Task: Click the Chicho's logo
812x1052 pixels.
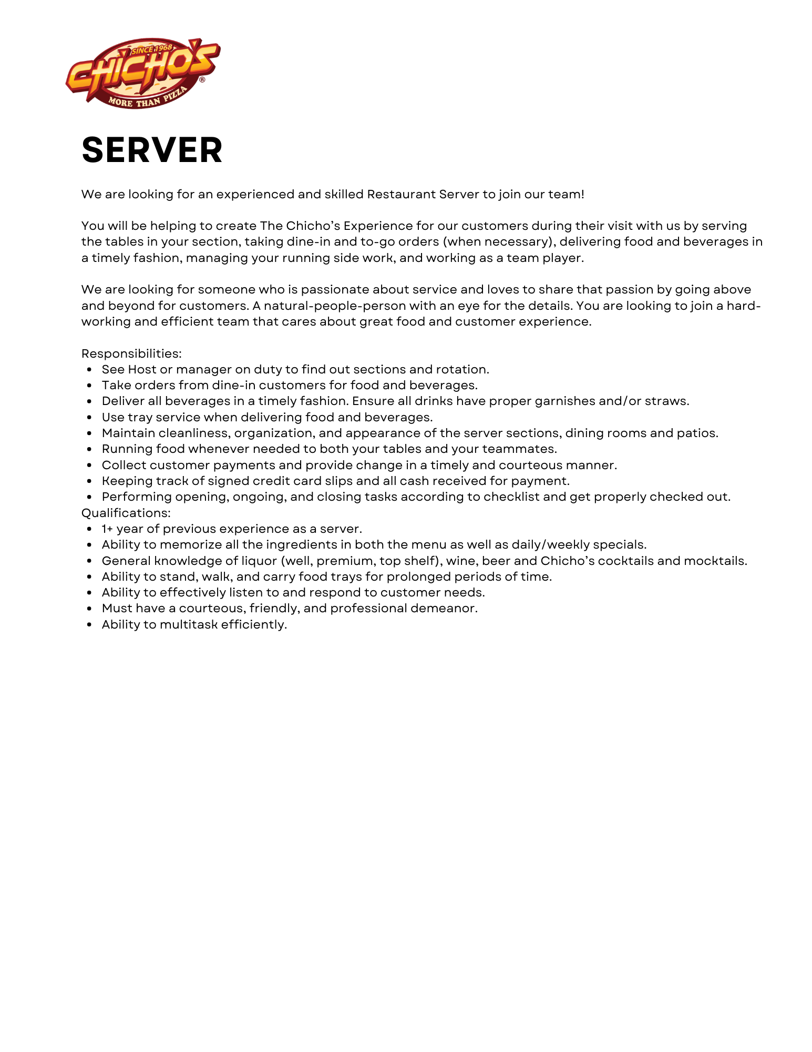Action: pos(142,73)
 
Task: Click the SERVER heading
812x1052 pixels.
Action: pos(152,150)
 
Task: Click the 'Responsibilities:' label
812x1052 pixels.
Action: pos(131,353)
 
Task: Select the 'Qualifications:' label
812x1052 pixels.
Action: pos(126,513)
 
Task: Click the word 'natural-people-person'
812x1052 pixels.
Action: pos(335,306)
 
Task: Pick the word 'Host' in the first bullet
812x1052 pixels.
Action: pos(142,369)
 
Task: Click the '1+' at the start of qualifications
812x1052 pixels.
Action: pos(107,529)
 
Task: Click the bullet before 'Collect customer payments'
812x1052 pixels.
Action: pos(90,466)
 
